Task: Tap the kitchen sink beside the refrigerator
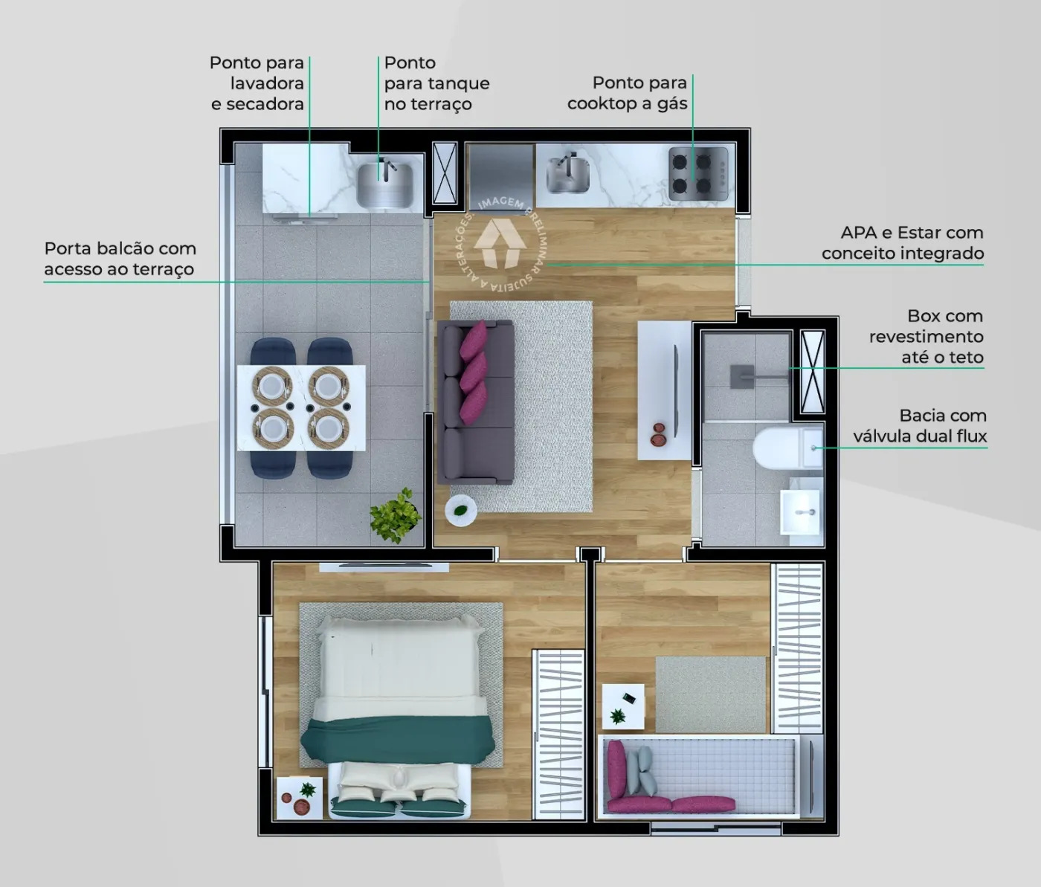coord(568,174)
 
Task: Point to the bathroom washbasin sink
coord(800,512)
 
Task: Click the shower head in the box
coord(742,375)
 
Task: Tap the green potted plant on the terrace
coord(396,515)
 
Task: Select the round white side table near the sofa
coord(461,510)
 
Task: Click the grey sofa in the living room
coord(475,402)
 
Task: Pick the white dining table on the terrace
coord(302,408)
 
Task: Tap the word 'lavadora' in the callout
coord(267,83)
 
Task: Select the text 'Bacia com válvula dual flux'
coord(920,425)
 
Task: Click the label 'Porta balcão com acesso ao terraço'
coord(120,259)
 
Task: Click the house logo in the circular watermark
coord(500,243)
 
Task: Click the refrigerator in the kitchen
coord(500,176)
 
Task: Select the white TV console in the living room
coord(664,390)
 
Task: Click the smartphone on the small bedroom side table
coord(628,697)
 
